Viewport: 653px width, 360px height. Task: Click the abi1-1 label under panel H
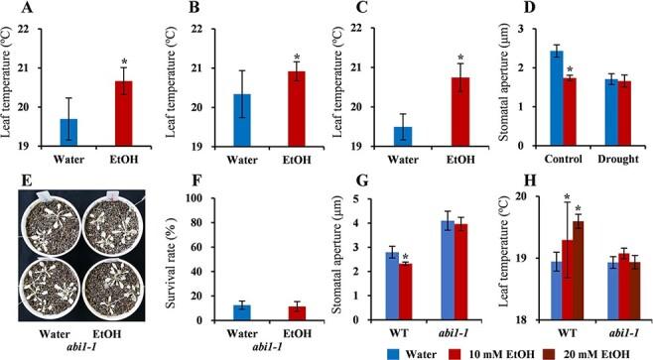coord(616,331)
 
